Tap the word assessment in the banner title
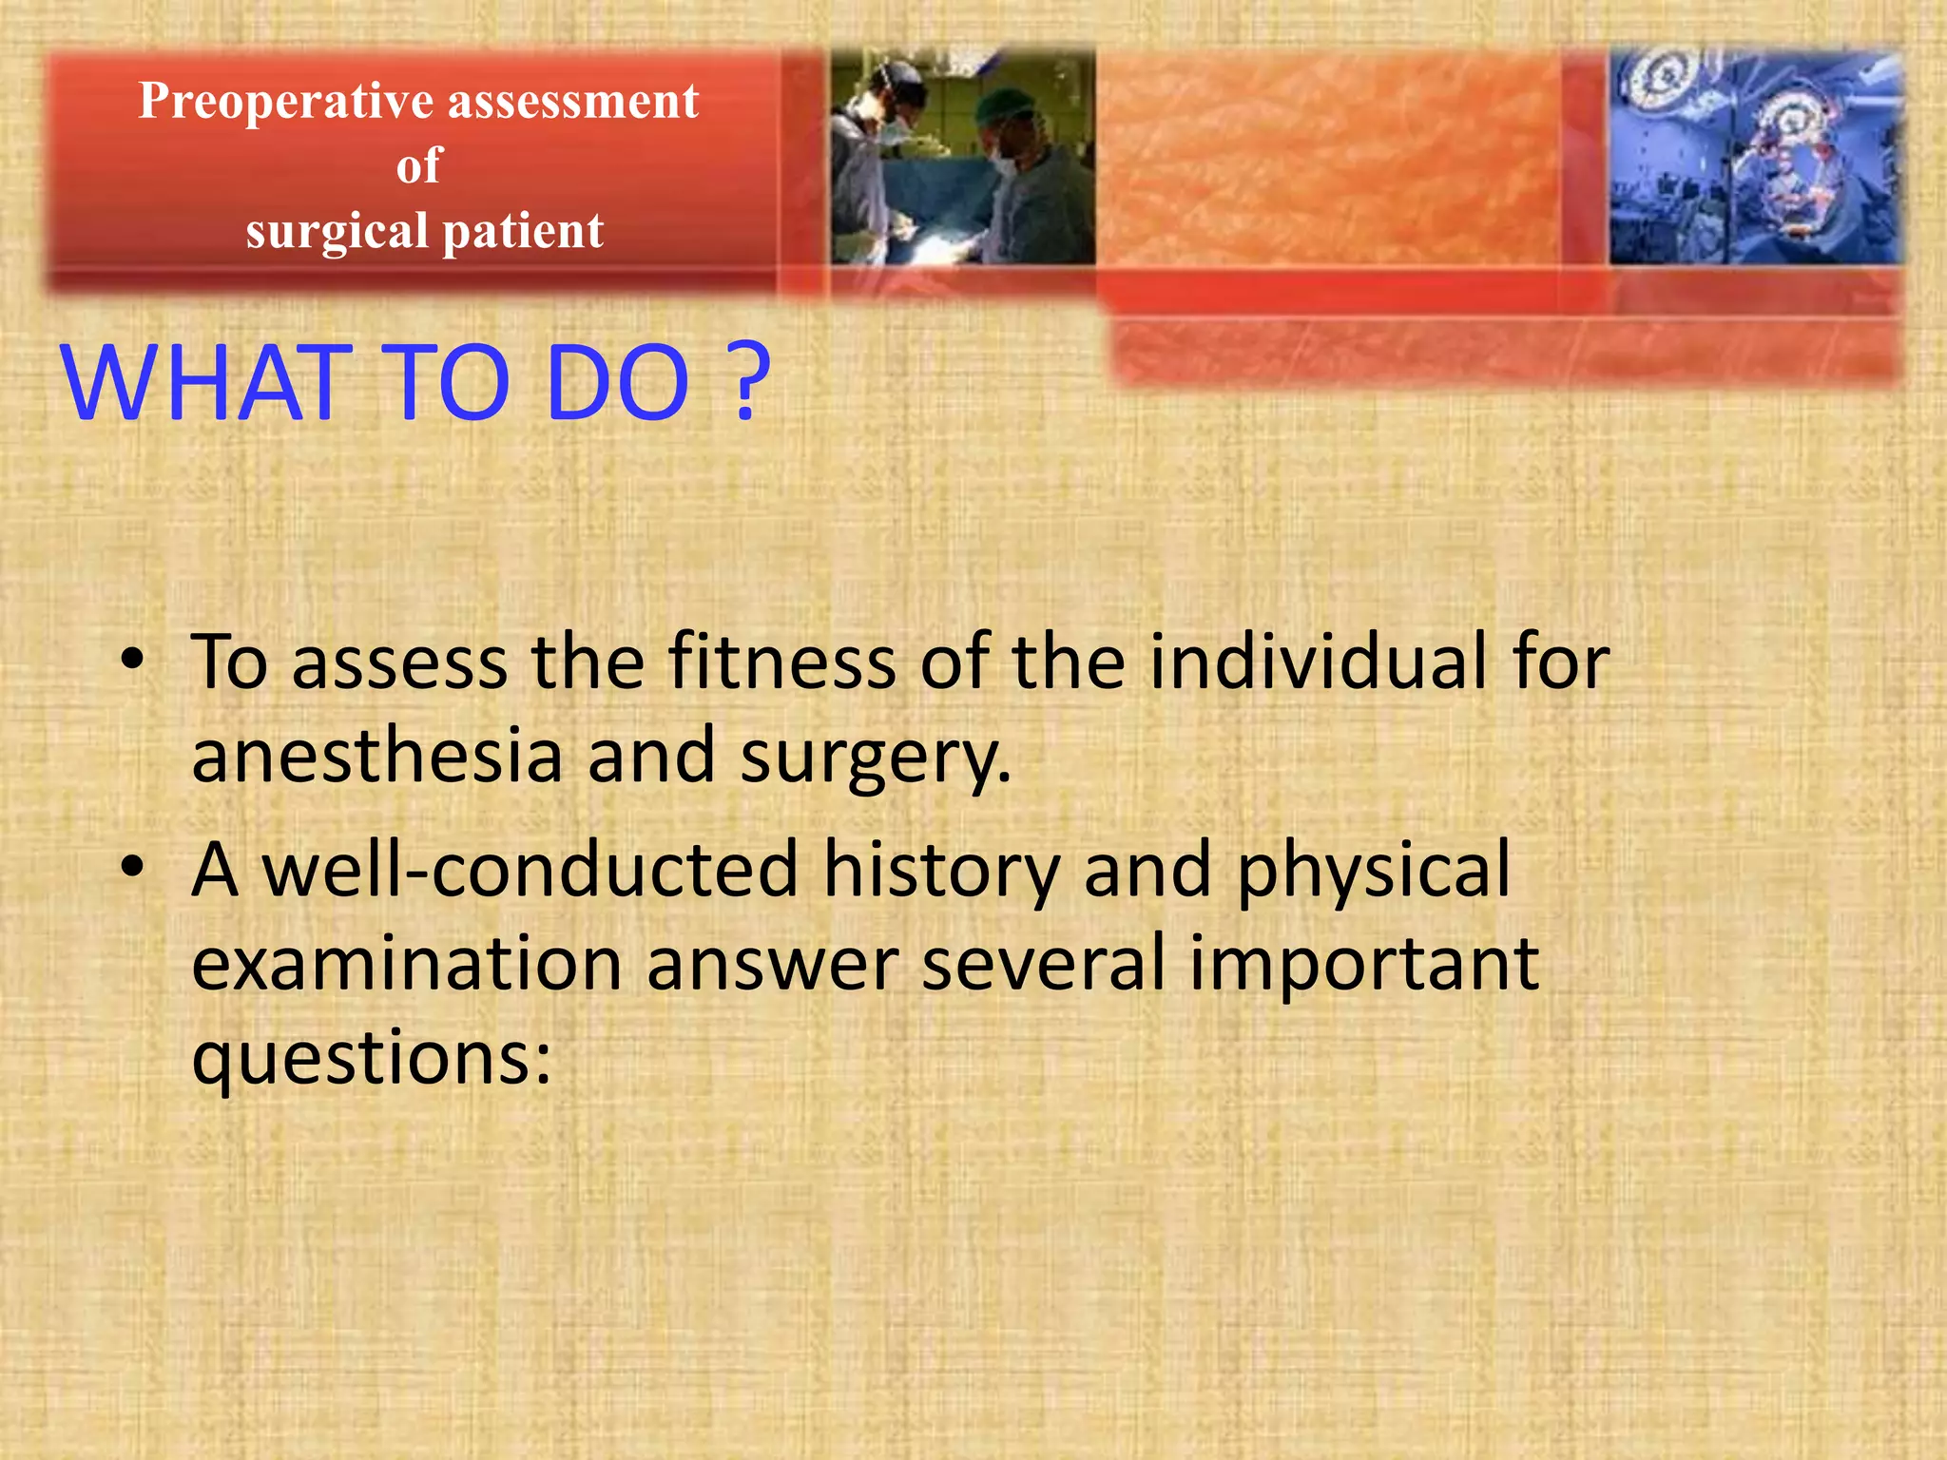[573, 102]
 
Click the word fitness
[781, 662]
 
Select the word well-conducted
[530, 869]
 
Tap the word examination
[406, 964]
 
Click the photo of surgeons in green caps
[962, 157]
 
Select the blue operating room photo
[1756, 157]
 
